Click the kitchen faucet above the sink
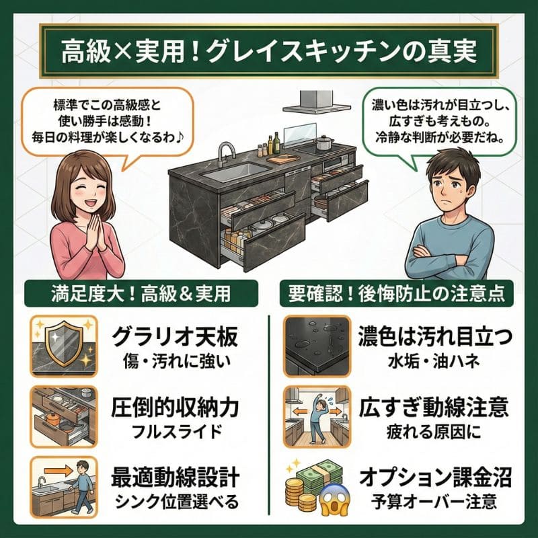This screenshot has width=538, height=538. [226, 154]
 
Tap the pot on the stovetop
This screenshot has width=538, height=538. [325, 143]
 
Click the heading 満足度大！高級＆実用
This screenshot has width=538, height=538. [137, 294]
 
